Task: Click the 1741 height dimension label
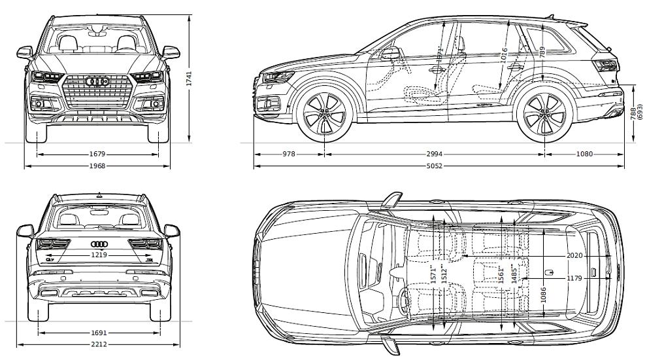pos(190,79)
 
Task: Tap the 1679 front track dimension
pos(97,155)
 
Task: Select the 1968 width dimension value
pos(97,166)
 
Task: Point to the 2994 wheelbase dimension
pos(434,155)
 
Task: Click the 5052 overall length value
pos(434,166)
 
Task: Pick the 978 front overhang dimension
pos(289,155)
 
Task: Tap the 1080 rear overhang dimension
pos(584,155)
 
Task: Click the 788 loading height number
pos(633,113)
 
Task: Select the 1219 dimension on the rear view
pos(99,255)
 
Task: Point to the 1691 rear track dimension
pos(99,333)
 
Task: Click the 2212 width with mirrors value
pos(99,344)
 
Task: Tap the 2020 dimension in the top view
pos(574,255)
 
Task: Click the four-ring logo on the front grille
pos(97,82)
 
